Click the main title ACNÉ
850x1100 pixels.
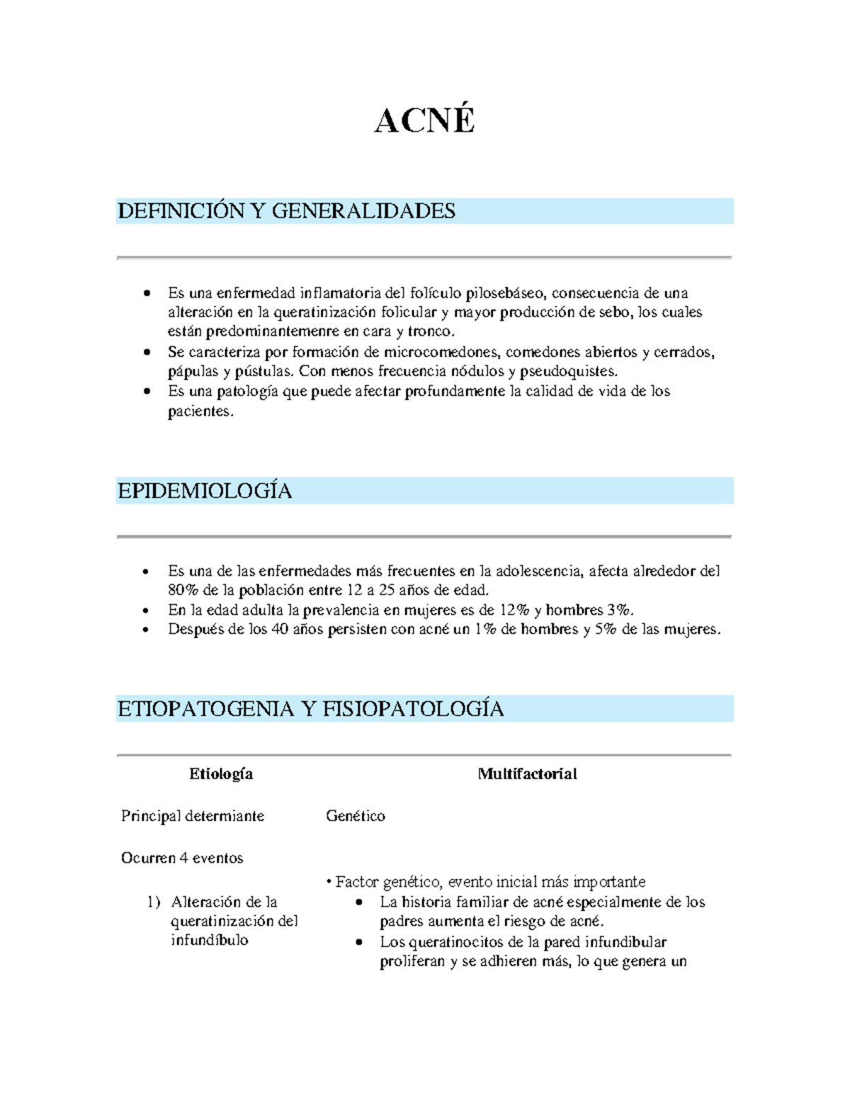[x=424, y=121]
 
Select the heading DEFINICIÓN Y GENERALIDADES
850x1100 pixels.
[x=286, y=211]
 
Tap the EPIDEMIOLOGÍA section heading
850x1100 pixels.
[x=205, y=491]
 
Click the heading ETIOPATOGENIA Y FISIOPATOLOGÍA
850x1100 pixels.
[x=310, y=709]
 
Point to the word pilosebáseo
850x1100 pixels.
[x=504, y=293]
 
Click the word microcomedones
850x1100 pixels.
[x=441, y=352]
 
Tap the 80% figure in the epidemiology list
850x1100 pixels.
[x=183, y=590]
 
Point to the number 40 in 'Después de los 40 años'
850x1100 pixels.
[x=280, y=629]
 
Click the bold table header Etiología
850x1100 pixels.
[x=221, y=774]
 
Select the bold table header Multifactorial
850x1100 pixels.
[x=527, y=774]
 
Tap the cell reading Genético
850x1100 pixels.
[x=356, y=816]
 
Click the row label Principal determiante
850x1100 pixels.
[x=193, y=816]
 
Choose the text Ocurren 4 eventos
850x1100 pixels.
[x=182, y=858]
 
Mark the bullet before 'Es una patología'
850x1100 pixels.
[x=146, y=392]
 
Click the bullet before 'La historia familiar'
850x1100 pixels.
[x=360, y=903]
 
